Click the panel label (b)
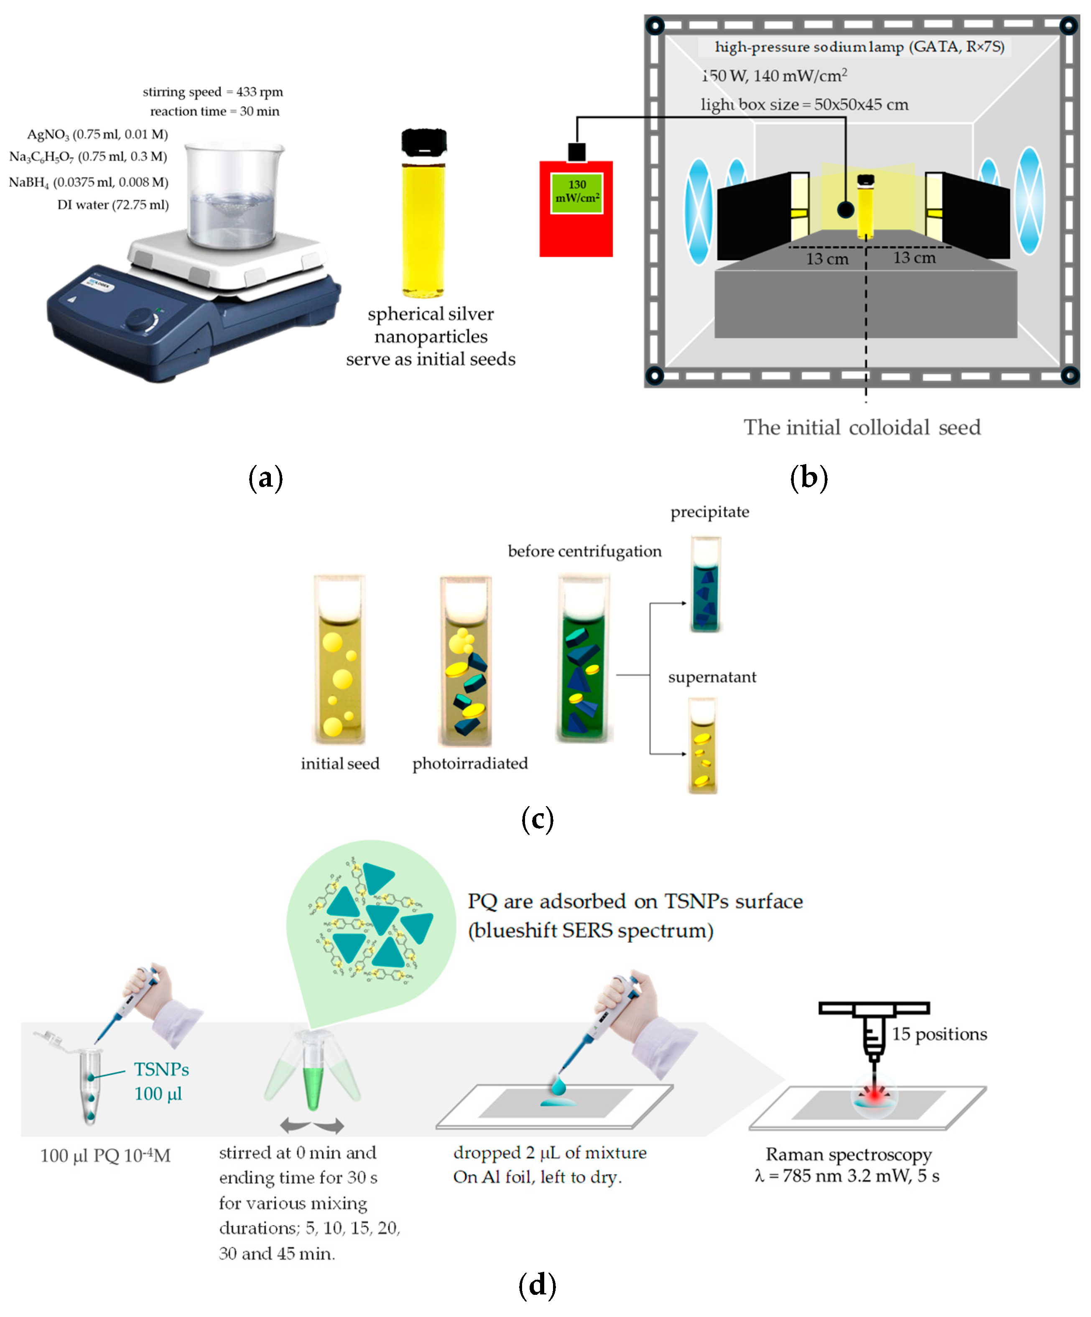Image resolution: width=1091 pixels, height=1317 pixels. point(808,478)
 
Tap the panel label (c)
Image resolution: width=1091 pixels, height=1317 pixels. point(538,819)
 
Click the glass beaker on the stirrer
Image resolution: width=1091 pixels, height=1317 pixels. point(232,194)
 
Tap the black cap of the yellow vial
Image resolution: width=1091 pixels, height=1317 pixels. point(424,143)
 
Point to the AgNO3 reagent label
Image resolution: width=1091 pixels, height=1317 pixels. point(97,134)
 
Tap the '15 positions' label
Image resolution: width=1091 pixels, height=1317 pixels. point(939,1034)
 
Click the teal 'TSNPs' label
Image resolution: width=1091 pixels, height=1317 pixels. point(161,1069)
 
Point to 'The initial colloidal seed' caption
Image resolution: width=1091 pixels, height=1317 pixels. point(862,428)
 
